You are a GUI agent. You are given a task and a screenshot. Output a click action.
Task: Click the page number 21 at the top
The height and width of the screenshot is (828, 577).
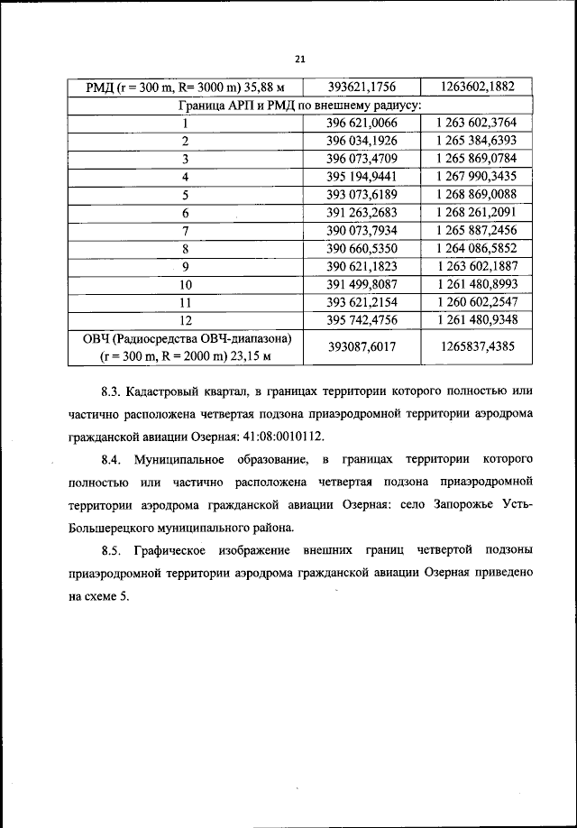click(300, 60)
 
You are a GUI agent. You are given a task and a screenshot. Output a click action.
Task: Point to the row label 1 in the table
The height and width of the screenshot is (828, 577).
click(184, 124)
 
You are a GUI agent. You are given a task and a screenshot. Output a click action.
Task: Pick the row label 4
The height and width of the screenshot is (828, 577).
click(184, 177)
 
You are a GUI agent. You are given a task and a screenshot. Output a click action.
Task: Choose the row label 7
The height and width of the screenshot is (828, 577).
click(184, 230)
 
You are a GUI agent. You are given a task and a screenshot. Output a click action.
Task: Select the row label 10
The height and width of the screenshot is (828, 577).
click(184, 283)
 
